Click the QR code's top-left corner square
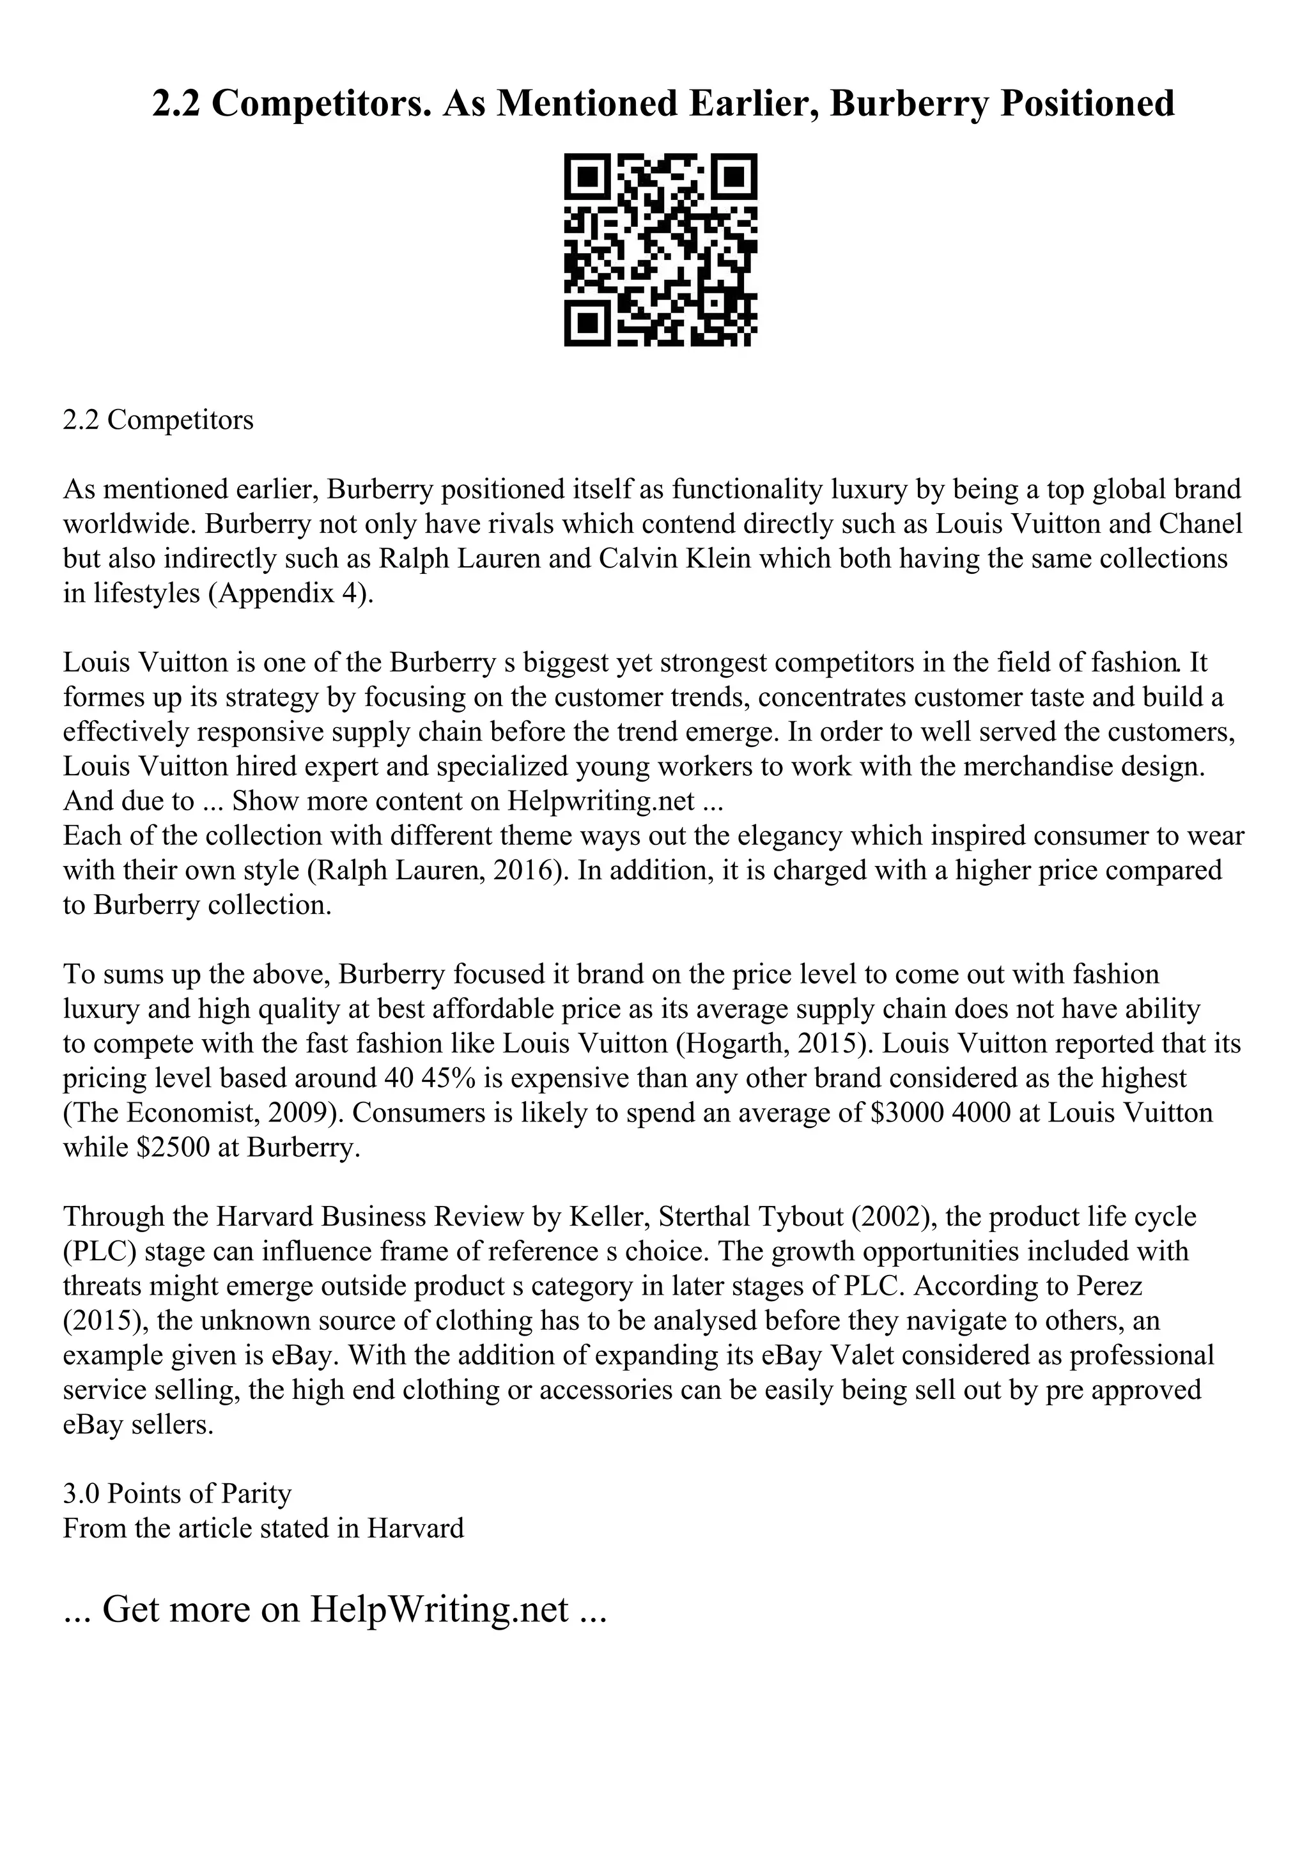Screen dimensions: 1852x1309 [x=585, y=175]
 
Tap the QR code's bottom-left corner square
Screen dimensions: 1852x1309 [x=585, y=325]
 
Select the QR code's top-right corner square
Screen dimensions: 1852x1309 [x=736, y=175]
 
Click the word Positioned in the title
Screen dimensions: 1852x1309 [x=1087, y=104]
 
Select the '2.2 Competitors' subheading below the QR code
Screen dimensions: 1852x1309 [x=158, y=421]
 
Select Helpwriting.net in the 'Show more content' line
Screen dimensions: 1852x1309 [x=601, y=801]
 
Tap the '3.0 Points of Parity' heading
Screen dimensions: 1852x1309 [x=178, y=1495]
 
